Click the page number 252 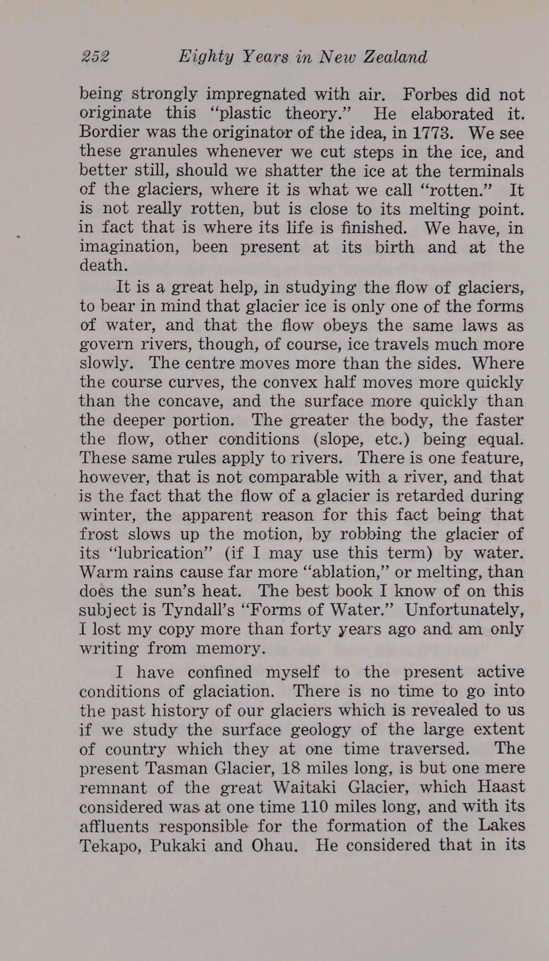point(95,57)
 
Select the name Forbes point(428,94)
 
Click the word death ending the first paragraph point(103,265)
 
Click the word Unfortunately point(464,610)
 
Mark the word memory point(230,648)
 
